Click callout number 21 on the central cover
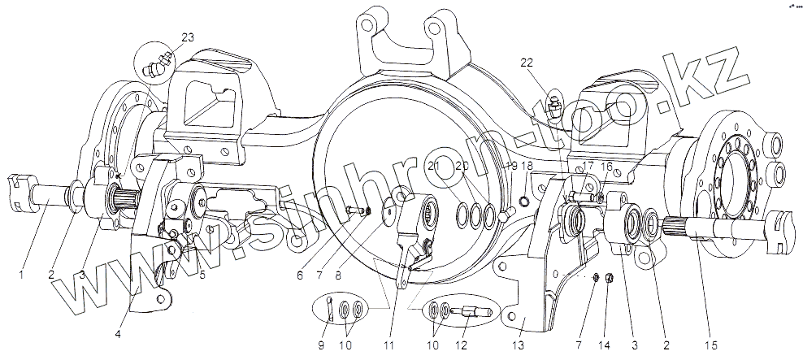(x=435, y=166)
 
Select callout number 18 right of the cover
(x=527, y=166)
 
